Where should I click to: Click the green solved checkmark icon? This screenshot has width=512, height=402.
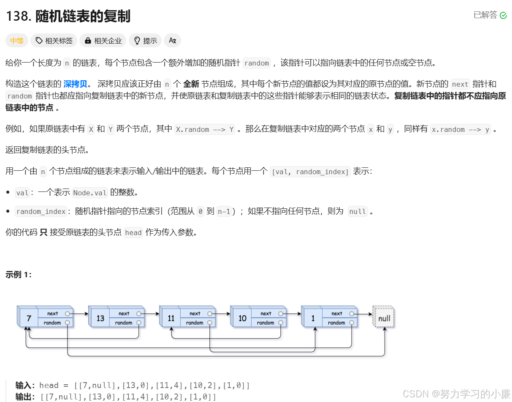point(503,16)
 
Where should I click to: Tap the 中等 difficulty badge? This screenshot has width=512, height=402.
point(17,41)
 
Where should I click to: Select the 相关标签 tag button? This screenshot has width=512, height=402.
point(54,41)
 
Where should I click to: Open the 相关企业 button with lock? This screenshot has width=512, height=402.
point(103,41)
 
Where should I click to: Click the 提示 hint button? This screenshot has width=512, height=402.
point(145,41)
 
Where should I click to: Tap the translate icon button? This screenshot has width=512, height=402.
point(172,41)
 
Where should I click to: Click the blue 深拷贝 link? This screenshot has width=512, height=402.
point(75,84)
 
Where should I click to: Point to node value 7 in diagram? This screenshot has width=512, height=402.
point(28,318)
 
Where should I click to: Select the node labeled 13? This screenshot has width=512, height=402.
point(100,318)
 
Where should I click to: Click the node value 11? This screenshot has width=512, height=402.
point(171,318)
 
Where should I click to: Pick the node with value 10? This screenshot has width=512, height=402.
point(242,318)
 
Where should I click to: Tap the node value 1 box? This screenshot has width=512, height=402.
point(313,318)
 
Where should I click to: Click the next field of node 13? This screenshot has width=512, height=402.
point(124,314)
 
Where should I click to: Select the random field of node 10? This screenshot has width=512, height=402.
point(266,323)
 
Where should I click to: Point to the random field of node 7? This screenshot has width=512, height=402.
point(53,323)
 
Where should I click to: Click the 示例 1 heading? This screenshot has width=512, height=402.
point(19,275)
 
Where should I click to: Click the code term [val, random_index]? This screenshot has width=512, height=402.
point(310,172)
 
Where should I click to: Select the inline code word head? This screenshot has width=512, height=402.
point(133,232)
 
